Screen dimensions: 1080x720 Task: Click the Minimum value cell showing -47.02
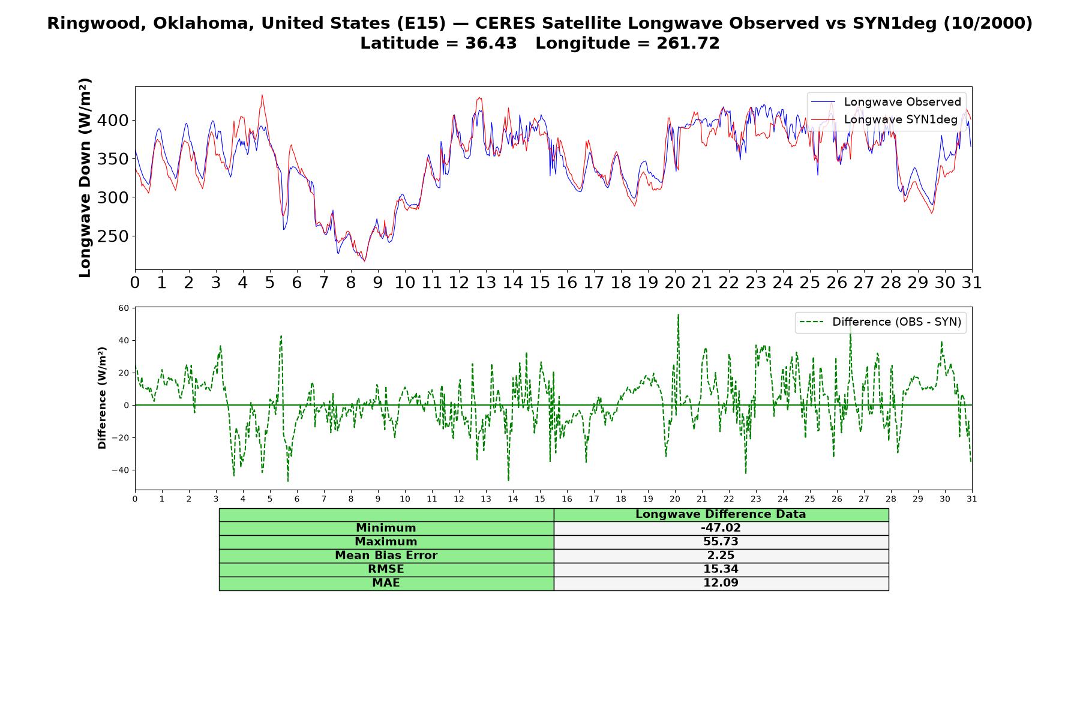[721, 528]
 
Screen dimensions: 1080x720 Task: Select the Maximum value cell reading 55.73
[721, 542]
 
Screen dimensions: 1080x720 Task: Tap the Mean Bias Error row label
[386, 556]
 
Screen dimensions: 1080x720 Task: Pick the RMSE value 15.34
[721, 569]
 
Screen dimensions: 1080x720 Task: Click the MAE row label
[386, 583]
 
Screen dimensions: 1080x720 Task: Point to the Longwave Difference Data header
[721, 514]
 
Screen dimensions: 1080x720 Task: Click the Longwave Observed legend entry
[886, 102]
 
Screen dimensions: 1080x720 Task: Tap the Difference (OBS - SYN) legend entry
[880, 322]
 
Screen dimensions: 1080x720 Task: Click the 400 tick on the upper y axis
[113, 121]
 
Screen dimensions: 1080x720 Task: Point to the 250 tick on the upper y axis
[113, 236]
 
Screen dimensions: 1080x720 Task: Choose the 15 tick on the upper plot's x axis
[540, 283]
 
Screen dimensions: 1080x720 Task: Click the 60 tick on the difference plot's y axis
[124, 308]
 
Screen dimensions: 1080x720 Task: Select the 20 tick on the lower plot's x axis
[675, 499]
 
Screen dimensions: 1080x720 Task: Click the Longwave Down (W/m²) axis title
[85, 178]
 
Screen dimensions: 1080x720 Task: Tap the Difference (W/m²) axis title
[102, 398]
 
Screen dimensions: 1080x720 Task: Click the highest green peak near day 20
[678, 314]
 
